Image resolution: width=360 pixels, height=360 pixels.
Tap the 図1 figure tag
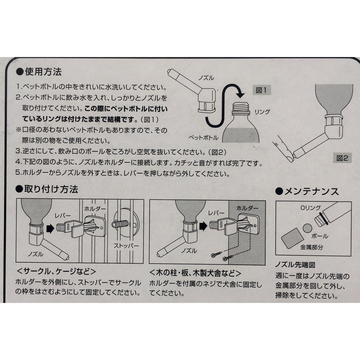pyautogui.click(x=262, y=90)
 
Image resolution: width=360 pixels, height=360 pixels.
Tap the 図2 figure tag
pyautogui.click(x=342, y=158)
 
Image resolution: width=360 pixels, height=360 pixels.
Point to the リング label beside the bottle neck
pyautogui.click(x=262, y=112)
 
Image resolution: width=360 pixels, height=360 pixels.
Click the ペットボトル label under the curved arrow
pyautogui.click(x=204, y=138)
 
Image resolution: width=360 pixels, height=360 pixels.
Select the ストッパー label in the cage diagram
pyautogui.click(x=126, y=246)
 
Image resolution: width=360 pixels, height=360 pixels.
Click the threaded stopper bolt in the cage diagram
pyautogui.click(x=120, y=224)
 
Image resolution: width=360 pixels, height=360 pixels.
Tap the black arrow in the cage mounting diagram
pyautogui.click(x=50, y=229)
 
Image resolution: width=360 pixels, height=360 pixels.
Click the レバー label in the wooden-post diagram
pyautogui.click(x=216, y=213)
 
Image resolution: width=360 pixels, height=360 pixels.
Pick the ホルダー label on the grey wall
pyautogui.click(x=247, y=208)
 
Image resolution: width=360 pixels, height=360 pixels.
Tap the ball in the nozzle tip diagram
pyautogui.click(x=307, y=228)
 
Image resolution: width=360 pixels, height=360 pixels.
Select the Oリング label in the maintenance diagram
pyautogui.click(x=310, y=208)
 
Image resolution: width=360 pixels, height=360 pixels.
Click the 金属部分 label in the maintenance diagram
pyautogui.click(x=311, y=247)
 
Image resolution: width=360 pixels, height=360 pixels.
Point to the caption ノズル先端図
pyautogui.click(x=295, y=265)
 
